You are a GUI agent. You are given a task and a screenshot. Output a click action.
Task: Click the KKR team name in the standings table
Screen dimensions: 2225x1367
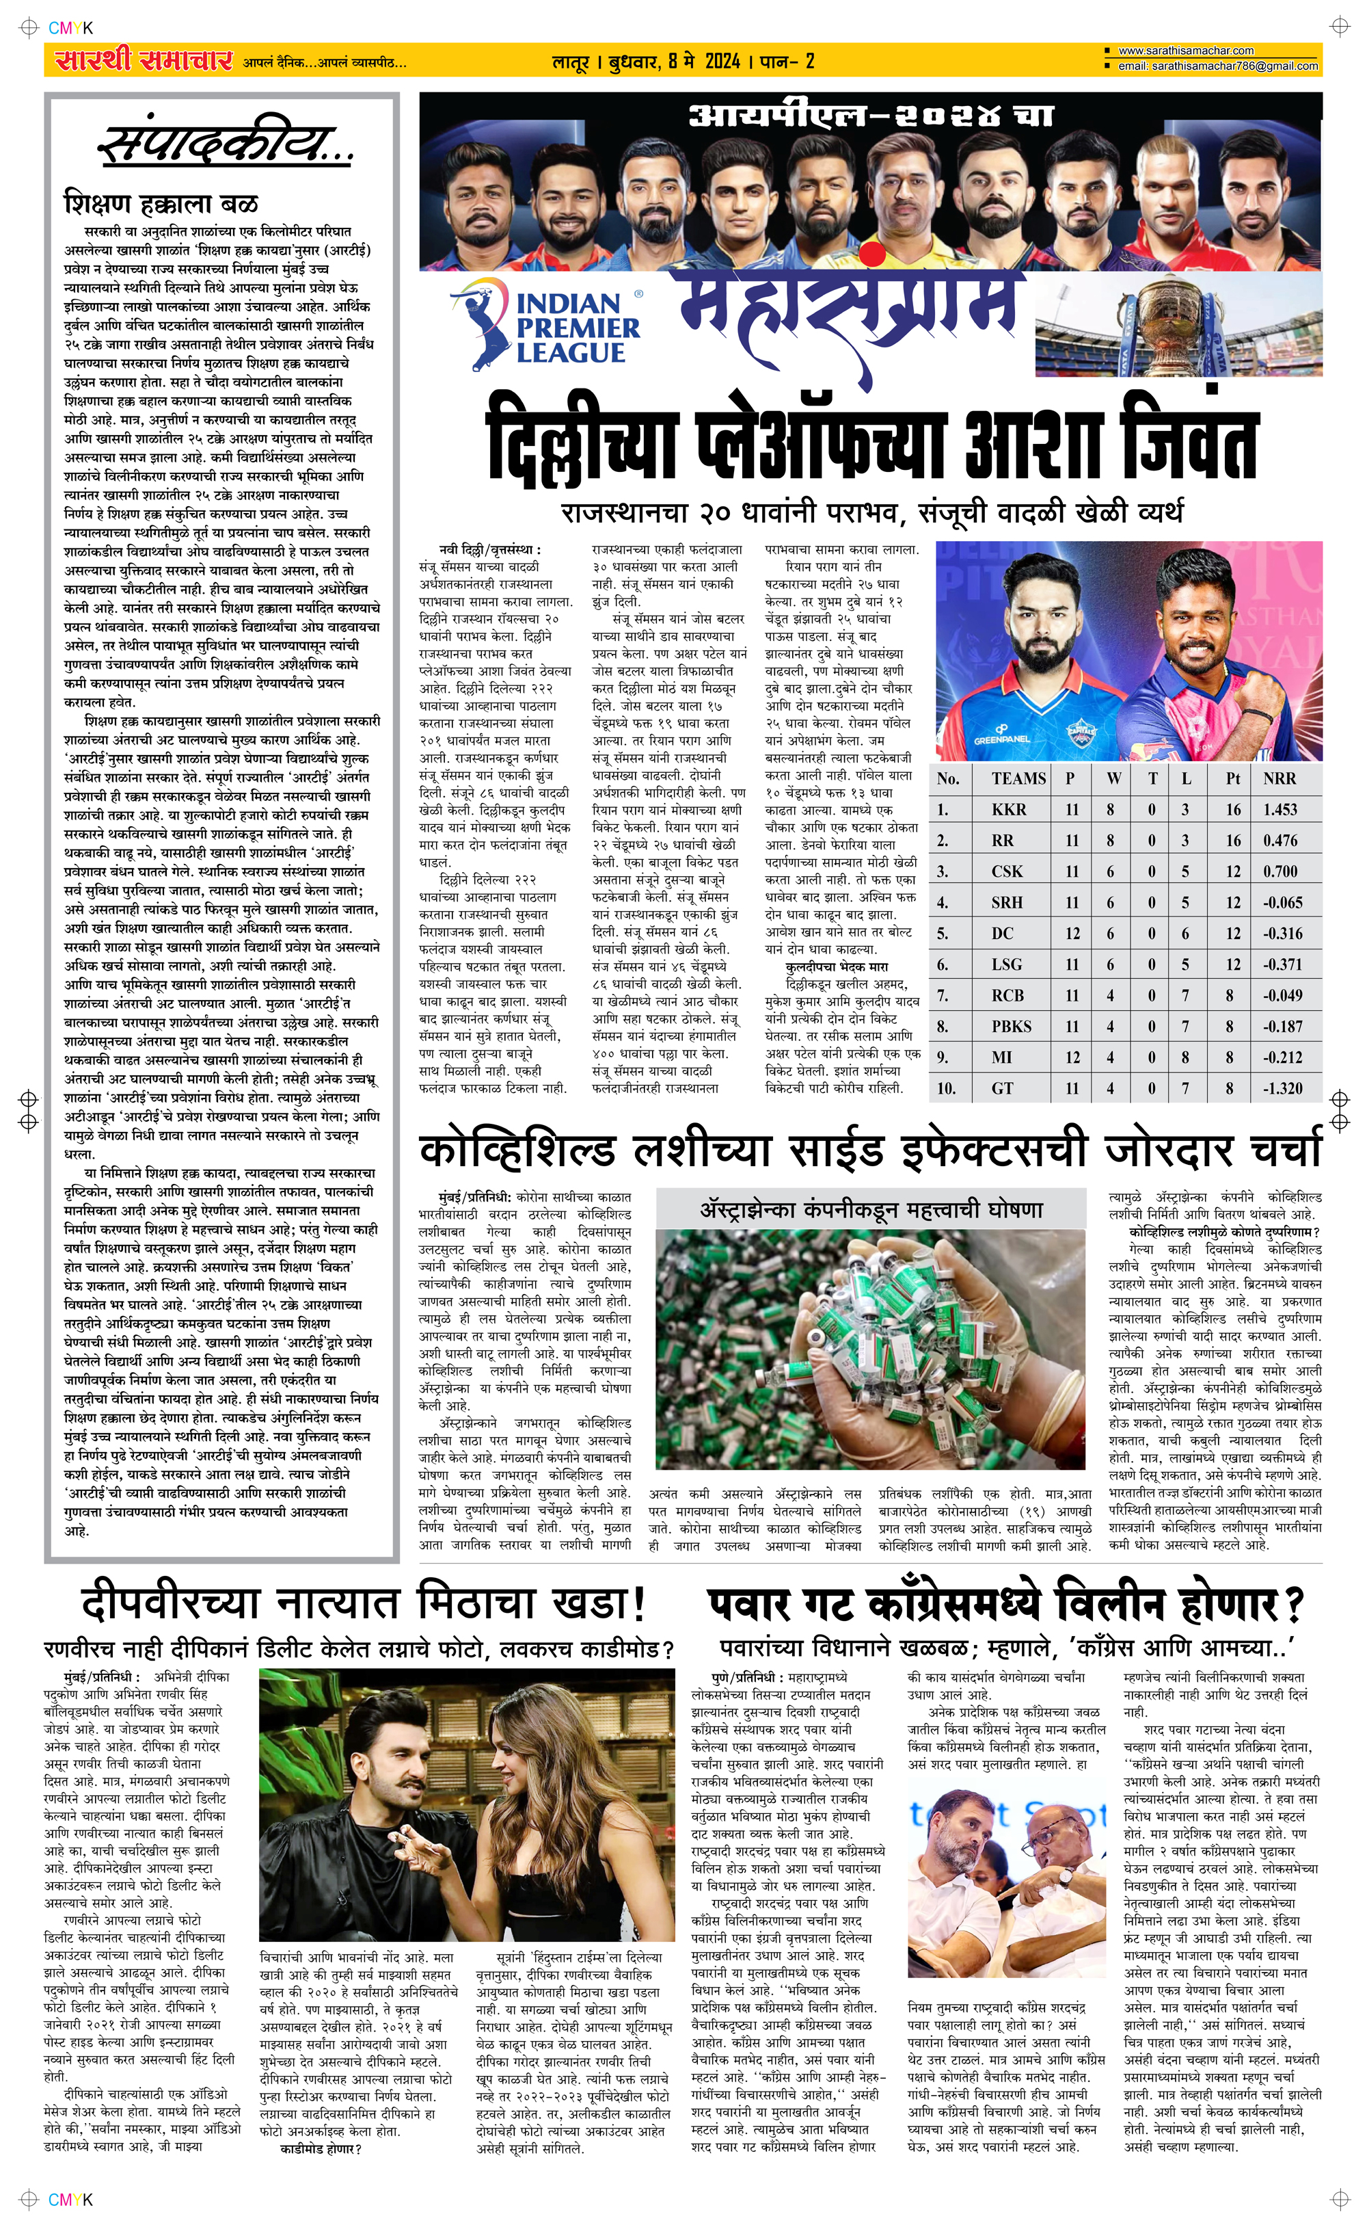coord(1008,810)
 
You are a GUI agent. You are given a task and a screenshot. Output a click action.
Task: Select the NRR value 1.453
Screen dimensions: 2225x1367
coord(1280,810)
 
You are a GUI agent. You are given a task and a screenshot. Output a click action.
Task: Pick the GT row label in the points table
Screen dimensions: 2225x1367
coord(1003,1088)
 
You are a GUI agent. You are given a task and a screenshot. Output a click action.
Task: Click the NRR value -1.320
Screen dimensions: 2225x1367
coord(1283,1088)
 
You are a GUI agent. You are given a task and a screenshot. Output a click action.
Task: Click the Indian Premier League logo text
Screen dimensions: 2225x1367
coord(577,328)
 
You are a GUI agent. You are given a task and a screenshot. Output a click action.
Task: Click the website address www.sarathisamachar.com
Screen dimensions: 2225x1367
coord(1185,51)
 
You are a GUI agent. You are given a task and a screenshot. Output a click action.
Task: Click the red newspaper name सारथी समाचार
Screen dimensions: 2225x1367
coord(144,61)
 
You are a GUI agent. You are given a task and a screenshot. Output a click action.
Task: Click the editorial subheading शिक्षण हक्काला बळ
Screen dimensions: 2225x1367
coord(161,204)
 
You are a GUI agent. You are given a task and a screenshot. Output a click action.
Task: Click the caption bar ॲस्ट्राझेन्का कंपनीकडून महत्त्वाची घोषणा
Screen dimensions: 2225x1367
coord(871,1209)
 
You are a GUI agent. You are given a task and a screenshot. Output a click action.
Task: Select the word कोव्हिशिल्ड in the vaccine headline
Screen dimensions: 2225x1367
coord(516,1150)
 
